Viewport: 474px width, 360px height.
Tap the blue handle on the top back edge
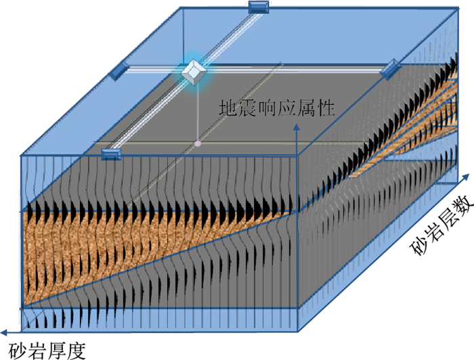tap(258, 7)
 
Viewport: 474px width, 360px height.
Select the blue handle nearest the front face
tap(111, 154)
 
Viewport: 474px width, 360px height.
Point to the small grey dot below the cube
tap(197, 143)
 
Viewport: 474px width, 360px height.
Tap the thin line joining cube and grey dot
tap(196, 112)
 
